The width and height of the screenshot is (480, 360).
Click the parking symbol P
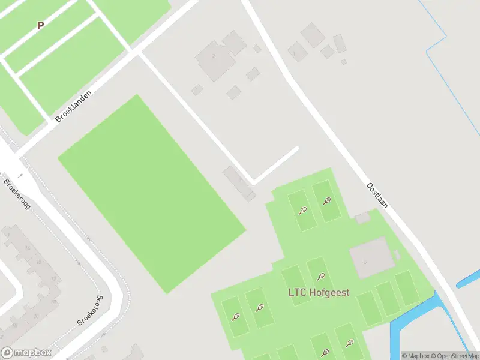coord(41,26)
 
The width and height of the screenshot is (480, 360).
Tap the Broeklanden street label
coord(71,107)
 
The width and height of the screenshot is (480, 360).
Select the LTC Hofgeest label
coord(322,293)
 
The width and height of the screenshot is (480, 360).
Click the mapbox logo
coord(26,353)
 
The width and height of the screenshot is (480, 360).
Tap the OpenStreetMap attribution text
coord(455,356)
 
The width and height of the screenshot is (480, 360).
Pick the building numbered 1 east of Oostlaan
coord(295,51)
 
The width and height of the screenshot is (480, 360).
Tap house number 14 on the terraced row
coord(27,247)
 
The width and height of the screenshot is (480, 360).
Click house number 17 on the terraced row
coord(53,280)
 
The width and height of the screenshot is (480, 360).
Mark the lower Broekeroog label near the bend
coord(90,311)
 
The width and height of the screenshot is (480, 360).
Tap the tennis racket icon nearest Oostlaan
coord(327,201)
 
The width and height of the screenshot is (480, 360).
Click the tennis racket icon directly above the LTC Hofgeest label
coord(322,277)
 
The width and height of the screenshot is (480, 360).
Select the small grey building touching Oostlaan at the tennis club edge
coord(362,218)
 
